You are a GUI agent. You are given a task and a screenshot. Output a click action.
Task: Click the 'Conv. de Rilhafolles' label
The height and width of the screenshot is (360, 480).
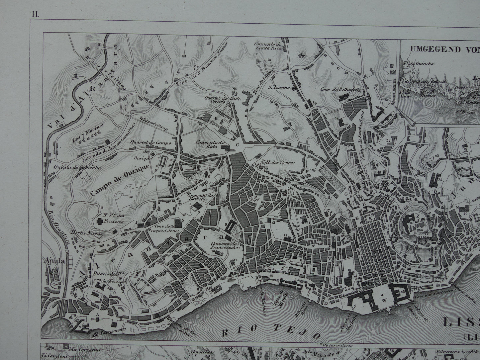(x=340, y=89)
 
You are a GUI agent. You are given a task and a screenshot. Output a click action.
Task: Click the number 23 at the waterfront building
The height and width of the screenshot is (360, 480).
(x=403, y=292)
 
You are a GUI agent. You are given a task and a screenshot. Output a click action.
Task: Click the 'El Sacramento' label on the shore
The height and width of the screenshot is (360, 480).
(x=112, y=330)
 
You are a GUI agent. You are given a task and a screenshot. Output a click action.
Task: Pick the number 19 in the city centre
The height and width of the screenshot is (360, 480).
(x=349, y=270)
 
